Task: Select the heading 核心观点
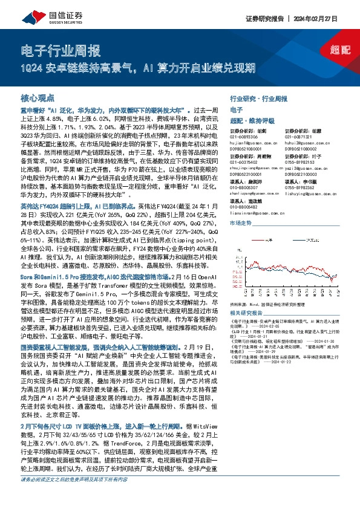click(38, 97)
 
